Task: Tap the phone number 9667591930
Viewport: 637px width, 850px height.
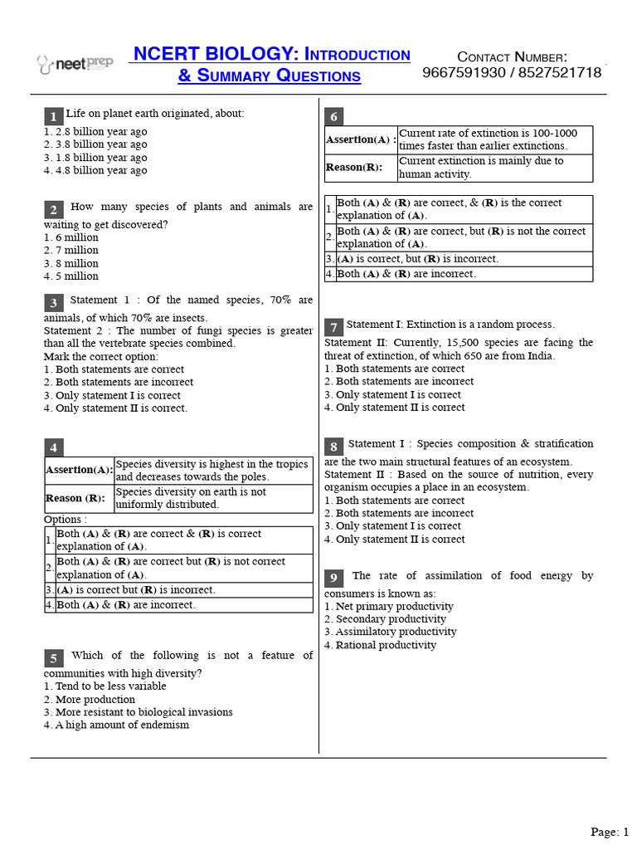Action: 465,72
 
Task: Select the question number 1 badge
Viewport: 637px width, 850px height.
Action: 53,115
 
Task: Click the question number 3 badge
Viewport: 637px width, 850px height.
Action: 53,303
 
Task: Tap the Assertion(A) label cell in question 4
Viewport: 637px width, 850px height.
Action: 79,470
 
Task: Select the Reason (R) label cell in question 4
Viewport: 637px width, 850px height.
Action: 79,498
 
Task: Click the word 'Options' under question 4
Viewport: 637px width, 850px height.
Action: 65,519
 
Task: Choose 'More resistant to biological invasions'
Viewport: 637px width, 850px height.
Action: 138,712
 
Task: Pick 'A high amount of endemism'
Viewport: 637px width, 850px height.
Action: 116,725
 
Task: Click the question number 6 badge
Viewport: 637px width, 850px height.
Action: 333,116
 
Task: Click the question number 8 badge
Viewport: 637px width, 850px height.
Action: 333,447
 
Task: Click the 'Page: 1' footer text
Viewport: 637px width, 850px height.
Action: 610,831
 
